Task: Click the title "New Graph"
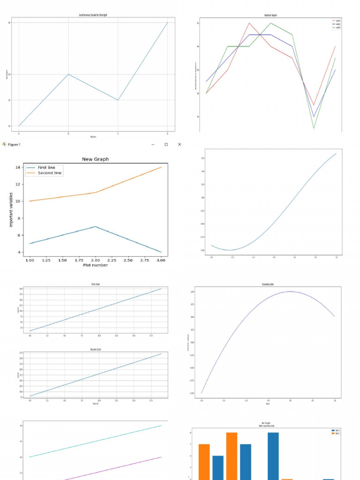(95, 159)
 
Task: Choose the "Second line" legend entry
(50, 173)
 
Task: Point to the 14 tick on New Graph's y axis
(17, 167)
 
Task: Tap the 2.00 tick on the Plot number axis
(95, 260)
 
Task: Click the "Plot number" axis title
(95, 265)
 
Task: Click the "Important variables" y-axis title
(11, 210)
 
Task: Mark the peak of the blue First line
(95, 226)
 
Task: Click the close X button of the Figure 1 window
(179, 144)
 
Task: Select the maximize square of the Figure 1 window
(166, 144)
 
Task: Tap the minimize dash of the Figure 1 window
(153, 144)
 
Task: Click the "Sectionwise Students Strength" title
(93, 15)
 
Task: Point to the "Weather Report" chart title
(270, 15)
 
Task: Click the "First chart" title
(96, 285)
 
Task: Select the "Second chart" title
(96, 350)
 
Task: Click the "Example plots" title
(268, 285)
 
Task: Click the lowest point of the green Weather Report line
(314, 128)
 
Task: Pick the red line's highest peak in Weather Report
(249, 23)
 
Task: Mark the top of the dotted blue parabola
(291, 292)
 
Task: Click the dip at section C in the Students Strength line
(118, 100)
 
